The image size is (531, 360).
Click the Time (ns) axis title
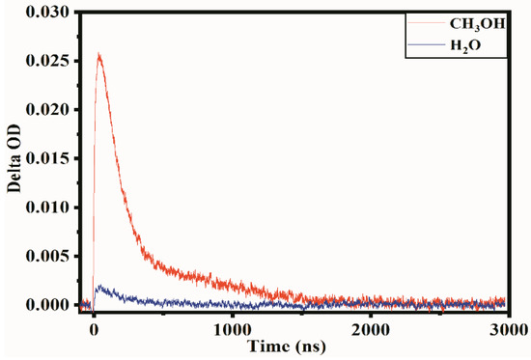[289, 345]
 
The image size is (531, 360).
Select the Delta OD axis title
[14, 159]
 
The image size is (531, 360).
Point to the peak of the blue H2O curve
[98, 287]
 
